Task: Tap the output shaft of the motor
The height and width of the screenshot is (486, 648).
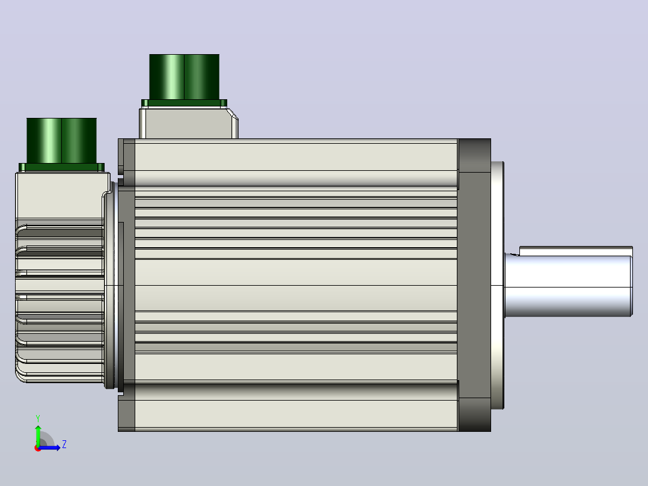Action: point(568,286)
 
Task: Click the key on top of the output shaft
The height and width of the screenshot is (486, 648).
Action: point(576,251)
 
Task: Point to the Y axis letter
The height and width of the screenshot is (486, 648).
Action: point(38,418)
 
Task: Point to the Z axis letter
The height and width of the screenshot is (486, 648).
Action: point(64,444)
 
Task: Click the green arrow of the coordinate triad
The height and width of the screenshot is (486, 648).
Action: point(38,435)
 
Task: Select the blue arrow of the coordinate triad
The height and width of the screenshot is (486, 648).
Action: point(49,448)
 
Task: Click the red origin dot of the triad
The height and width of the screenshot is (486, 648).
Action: point(38,448)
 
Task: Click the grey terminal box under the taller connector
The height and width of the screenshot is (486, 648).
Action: point(188,123)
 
